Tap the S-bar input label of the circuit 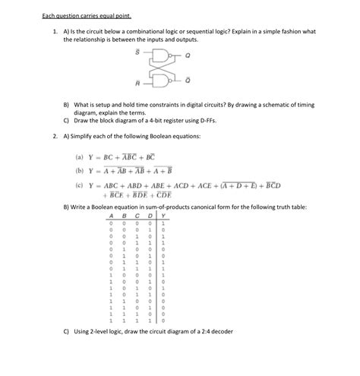click(x=137, y=52)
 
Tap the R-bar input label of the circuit click(x=137, y=83)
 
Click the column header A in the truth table click(x=110, y=215)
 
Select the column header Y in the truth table click(x=163, y=215)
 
